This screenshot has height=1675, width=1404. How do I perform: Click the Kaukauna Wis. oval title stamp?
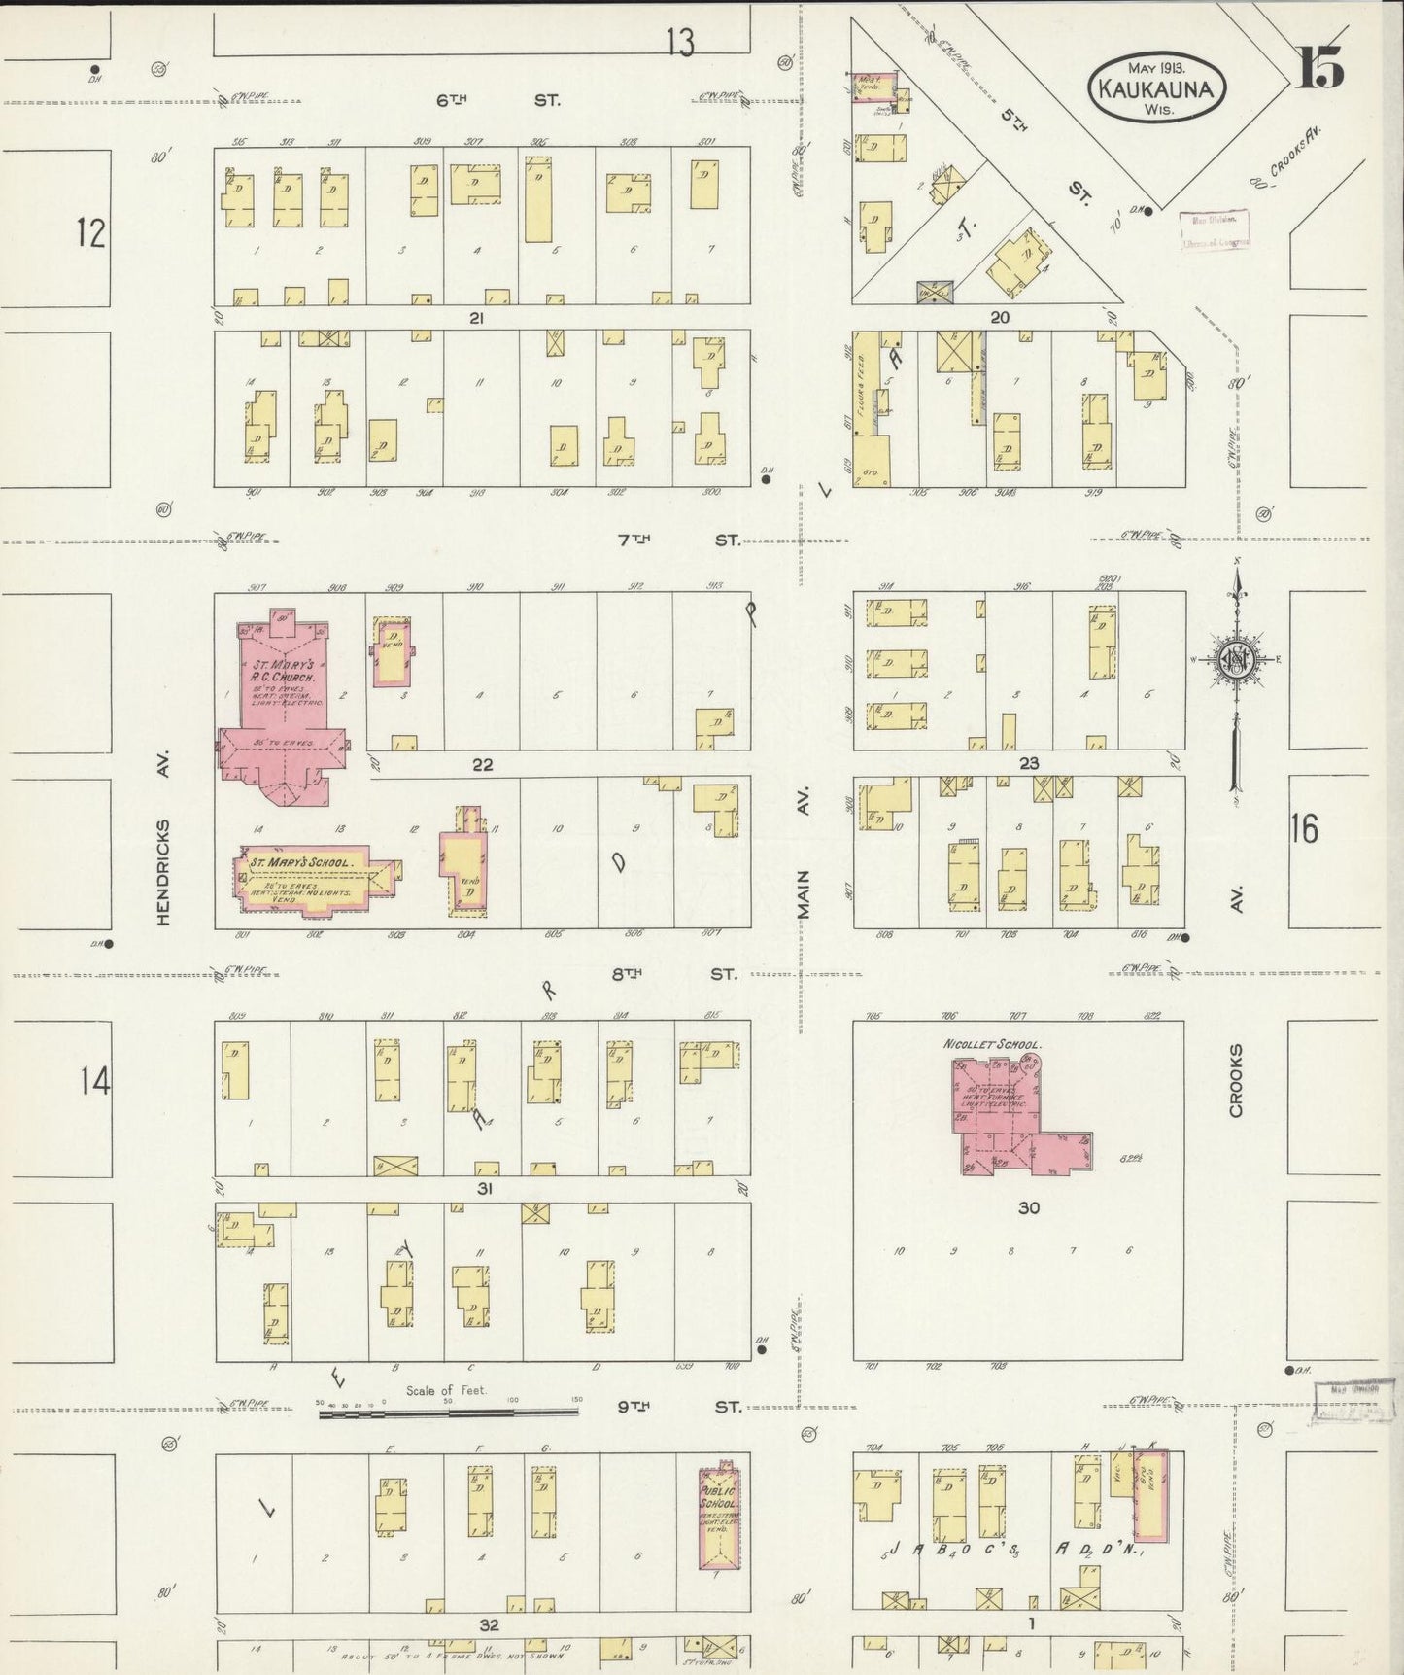pos(1156,87)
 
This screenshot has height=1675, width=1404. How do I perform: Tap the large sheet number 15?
pos(1319,68)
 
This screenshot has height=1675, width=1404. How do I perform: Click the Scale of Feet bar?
pos(449,1411)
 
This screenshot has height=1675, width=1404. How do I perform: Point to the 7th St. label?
pos(680,540)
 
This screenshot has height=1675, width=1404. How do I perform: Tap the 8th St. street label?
pos(680,974)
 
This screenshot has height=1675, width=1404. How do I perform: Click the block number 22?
pos(483,765)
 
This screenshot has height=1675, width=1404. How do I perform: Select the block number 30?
pos(1029,1207)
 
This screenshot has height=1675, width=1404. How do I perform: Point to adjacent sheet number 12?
pos(90,233)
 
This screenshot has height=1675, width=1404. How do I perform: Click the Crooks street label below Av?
pos(1236,1081)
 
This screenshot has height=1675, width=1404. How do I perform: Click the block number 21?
pos(476,318)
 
